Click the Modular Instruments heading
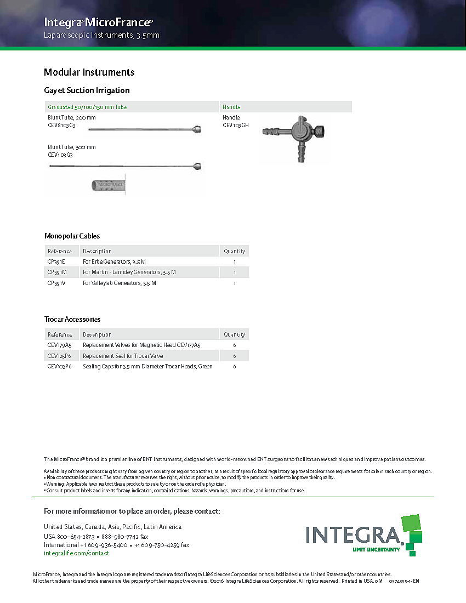click(89, 72)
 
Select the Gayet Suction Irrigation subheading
click(87, 90)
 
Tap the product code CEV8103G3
click(61, 125)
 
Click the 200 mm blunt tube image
click(146, 130)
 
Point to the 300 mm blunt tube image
click(126, 166)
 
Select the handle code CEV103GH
click(235, 125)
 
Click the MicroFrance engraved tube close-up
click(109, 185)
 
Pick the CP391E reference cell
click(56, 261)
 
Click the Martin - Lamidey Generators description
click(129, 272)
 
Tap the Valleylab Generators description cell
click(120, 283)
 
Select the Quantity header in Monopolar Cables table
click(234, 251)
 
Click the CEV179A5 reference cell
click(59, 345)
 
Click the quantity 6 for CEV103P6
click(234, 366)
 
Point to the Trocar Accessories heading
click(72, 319)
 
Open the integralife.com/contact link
click(76, 553)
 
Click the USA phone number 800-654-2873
click(76, 536)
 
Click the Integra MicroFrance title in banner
click(98, 22)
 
